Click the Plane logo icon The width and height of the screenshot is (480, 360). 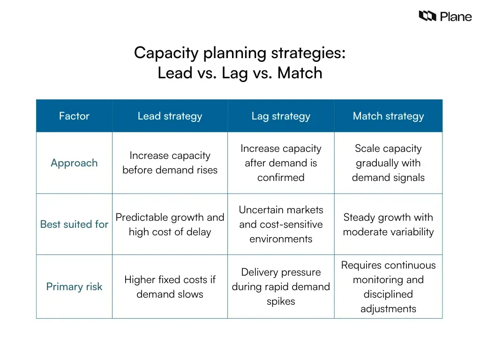pos(427,16)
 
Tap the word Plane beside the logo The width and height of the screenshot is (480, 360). pos(456,17)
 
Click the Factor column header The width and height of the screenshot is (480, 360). pos(74,116)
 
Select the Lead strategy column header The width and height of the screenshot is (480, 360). pos(170,116)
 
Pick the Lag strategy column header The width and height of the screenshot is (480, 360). pos(281,116)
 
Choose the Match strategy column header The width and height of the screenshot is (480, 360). pos(388,116)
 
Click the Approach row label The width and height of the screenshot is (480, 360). pos(74,163)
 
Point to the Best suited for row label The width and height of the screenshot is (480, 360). pos(74,224)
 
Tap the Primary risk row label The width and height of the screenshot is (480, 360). pos(74,286)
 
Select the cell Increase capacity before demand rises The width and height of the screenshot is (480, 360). pos(170,163)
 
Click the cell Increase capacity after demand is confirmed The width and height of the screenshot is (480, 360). pos(281,163)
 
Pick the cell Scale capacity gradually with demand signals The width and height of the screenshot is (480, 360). pos(388,163)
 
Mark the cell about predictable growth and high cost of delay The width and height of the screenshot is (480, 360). pos(170,224)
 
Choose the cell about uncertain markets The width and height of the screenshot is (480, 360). pos(281,224)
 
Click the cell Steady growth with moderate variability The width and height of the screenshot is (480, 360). pos(388,224)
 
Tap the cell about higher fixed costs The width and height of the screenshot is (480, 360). pos(170,286)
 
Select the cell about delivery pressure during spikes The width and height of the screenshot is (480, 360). pos(281,286)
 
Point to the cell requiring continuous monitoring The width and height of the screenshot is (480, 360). pos(388,286)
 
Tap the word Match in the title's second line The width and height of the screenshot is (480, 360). pos(300,73)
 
